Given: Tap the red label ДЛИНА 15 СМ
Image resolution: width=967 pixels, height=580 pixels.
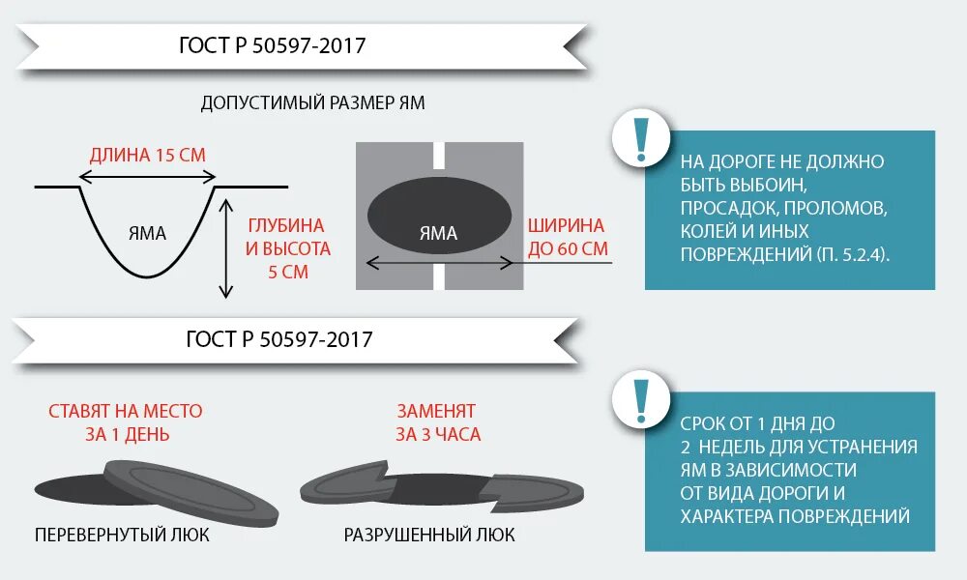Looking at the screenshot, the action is tap(148, 155).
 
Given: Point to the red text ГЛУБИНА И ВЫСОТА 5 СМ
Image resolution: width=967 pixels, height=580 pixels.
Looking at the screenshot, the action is tap(289, 248).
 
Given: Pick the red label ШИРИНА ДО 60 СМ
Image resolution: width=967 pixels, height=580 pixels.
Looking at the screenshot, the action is tap(567, 238).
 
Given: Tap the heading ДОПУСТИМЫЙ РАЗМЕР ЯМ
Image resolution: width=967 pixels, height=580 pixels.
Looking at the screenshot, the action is tap(312, 102).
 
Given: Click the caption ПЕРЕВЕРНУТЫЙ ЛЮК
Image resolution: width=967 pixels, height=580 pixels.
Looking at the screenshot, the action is tap(122, 535).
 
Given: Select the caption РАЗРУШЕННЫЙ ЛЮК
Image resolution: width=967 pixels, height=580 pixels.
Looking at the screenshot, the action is tap(429, 535).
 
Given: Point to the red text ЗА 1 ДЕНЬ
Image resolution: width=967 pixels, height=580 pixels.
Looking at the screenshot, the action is tap(127, 435).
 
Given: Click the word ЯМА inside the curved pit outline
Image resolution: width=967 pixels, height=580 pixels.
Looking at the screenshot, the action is tap(147, 233).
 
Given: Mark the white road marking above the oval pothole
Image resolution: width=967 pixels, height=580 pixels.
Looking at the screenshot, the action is tap(439, 156).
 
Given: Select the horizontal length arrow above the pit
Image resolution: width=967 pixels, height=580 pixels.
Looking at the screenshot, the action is tap(147, 176).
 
